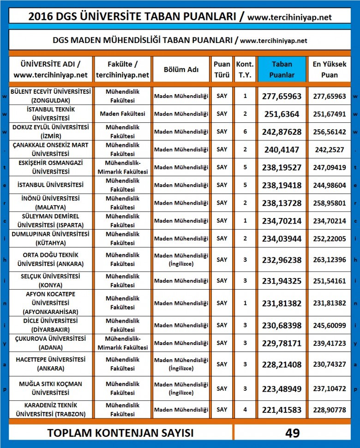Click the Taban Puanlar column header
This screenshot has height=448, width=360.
282,69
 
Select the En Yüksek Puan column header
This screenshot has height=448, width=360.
330,69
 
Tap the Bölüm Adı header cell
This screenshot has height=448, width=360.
181,69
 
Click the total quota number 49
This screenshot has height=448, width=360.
292,433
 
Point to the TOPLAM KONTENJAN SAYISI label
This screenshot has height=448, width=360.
120,433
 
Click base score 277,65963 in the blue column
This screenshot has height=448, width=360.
282,96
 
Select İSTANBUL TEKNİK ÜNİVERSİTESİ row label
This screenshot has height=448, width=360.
51,114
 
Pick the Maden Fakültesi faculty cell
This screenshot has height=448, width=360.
122,114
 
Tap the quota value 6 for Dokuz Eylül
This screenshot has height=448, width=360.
245,132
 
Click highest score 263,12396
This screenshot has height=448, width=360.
330,260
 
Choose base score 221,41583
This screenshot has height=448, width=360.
282,410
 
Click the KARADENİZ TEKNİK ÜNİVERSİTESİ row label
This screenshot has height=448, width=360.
51,410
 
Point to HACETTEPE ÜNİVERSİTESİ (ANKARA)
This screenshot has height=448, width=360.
51,364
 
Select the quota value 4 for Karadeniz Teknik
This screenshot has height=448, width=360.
245,410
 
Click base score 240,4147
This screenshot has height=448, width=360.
282,149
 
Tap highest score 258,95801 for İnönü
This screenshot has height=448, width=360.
330,203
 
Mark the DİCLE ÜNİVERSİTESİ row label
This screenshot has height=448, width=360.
51,325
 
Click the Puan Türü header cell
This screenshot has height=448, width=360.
222,69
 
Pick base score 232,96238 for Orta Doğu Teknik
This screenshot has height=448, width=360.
282,260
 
